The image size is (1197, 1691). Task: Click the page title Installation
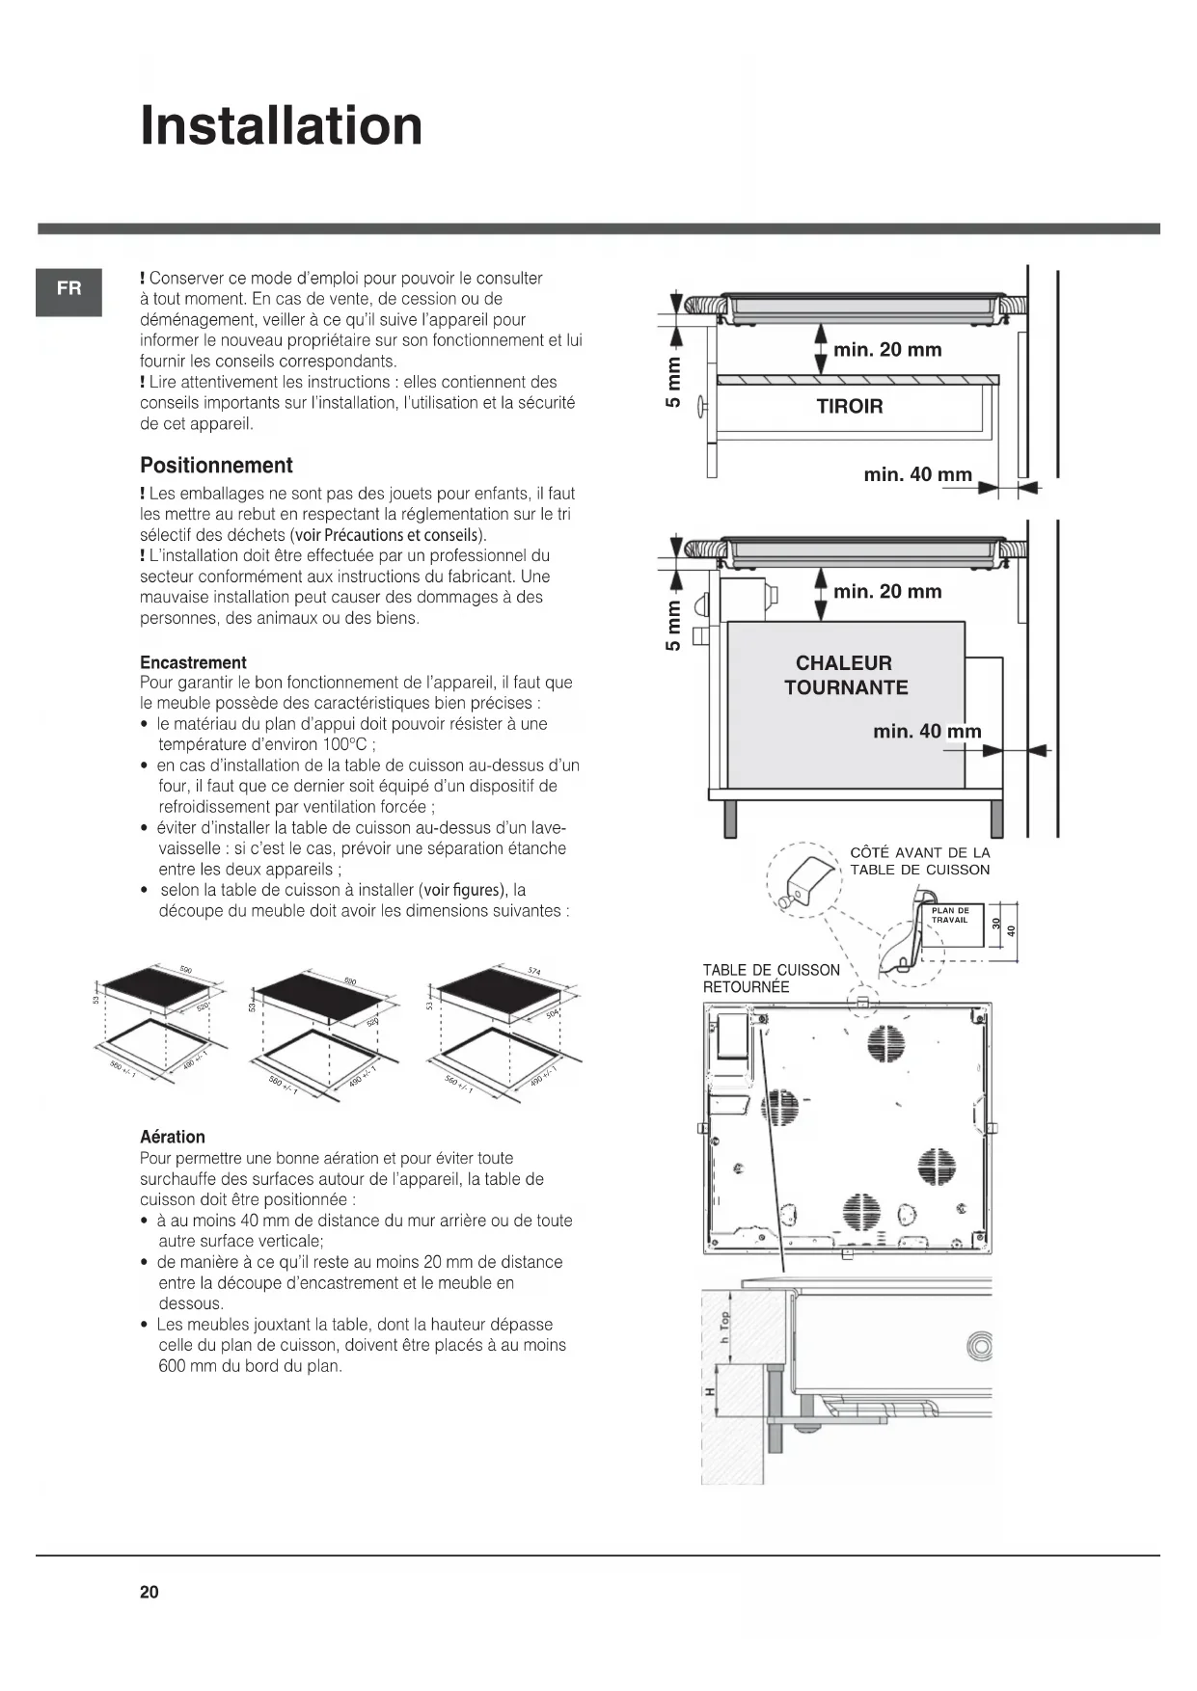pos(282,126)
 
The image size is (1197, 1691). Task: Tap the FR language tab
pos(68,288)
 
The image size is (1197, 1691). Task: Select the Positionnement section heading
pos(216,466)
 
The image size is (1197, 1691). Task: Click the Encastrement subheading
pos(193,662)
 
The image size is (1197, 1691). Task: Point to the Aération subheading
pos(173,1137)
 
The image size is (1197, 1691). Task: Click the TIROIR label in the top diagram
pos(850,407)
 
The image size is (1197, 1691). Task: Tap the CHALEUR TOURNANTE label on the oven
pos(846,675)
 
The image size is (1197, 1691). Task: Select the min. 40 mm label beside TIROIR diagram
pos(917,474)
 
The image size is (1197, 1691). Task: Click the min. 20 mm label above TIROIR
pos(887,350)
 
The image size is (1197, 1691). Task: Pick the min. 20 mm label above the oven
pos(887,591)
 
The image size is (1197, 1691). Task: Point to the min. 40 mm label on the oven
pos(927,732)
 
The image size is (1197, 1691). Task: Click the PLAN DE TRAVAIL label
pos(950,915)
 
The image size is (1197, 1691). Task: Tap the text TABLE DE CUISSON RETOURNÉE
pos(771,979)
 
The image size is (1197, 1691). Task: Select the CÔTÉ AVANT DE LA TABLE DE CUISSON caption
pos(919,861)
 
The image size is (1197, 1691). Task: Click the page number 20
pos(150,1592)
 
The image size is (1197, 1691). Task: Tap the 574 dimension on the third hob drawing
pos(534,971)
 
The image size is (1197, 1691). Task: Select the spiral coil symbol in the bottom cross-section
pos(978,1347)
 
